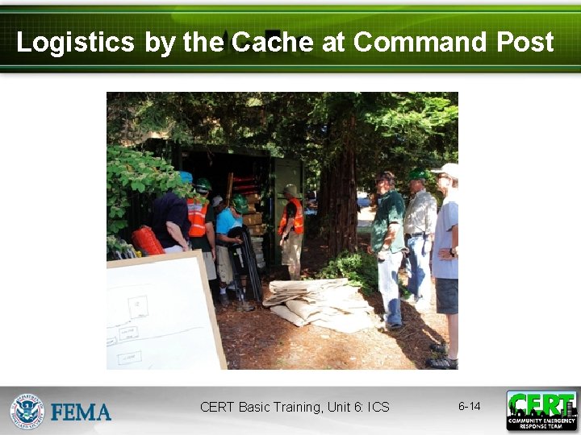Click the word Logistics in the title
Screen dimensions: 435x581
pyautogui.click(x=75, y=42)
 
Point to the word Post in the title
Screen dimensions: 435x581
pyautogui.click(x=525, y=42)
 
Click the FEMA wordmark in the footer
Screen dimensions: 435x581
pyautogui.click(x=81, y=412)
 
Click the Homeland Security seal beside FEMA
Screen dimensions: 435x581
pyautogui.click(x=27, y=411)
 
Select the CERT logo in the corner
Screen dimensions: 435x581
pyautogui.click(x=541, y=410)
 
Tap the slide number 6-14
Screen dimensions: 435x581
pyautogui.click(x=469, y=407)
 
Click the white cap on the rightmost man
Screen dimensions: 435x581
pyautogui.click(x=445, y=170)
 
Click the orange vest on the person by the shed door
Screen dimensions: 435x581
pyautogui.click(x=295, y=217)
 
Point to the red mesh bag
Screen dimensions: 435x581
pyautogui.click(x=148, y=239)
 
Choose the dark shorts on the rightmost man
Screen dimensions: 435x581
pyautogui.click(x=445, y=295)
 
